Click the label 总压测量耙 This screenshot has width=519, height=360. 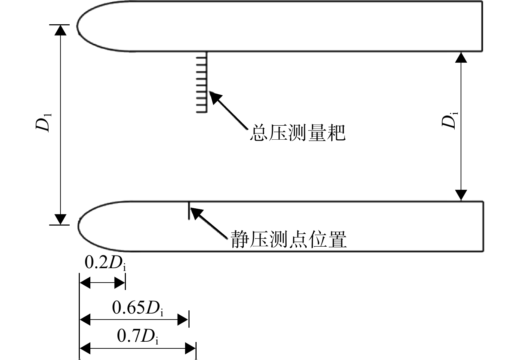coord(298,133)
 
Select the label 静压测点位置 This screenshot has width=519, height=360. coord(289,239)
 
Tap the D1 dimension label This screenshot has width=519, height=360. coord(43,122)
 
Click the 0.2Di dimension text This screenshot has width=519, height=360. coord(105,263)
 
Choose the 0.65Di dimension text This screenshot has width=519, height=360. coord(138,308)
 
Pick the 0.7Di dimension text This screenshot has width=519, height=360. coord(138,336)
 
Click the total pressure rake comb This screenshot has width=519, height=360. coord(202,82)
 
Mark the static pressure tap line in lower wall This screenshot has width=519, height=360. coord(189,210)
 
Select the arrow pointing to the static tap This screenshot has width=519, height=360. coord(209,223)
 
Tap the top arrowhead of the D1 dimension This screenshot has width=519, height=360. coord(60,30)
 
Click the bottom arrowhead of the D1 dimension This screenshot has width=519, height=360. coord(60,219)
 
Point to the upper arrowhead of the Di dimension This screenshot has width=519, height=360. coord(461,57)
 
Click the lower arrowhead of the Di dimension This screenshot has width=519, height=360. coord(461,195)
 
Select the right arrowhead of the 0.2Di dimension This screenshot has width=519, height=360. coord(120,283)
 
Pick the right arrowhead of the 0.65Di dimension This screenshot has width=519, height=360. coord(183,320)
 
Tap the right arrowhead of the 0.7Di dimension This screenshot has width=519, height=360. coord(190,348)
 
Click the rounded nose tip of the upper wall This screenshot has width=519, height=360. coord(77,26)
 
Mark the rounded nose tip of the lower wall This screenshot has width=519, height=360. coord(78,226)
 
